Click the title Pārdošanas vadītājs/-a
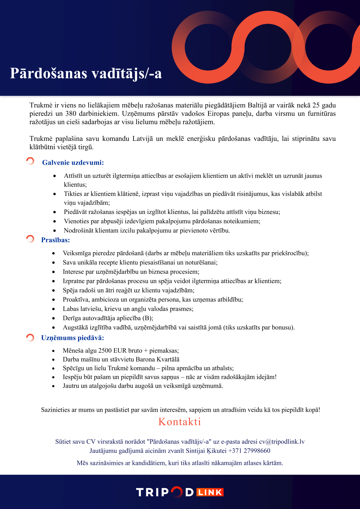tap(86, 73)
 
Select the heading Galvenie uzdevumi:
tap(73, 163)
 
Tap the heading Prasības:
tap(55, 240)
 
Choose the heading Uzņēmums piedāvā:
tap(72, 338)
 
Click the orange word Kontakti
tap(180, 422)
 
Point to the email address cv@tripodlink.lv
tap(282, 442)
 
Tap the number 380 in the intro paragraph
tap(71, 114)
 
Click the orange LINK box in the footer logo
tap(210, 492)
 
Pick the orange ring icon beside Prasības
tap(30, 239)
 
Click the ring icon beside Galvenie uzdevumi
tap(30, 161)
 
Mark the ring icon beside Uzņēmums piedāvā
tap(30, 337)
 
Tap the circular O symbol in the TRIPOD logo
tap(177, 492)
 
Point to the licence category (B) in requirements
tap(148, 318)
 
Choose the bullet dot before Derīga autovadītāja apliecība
tap(53, 319)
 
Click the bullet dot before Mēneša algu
tap(53, 351)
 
